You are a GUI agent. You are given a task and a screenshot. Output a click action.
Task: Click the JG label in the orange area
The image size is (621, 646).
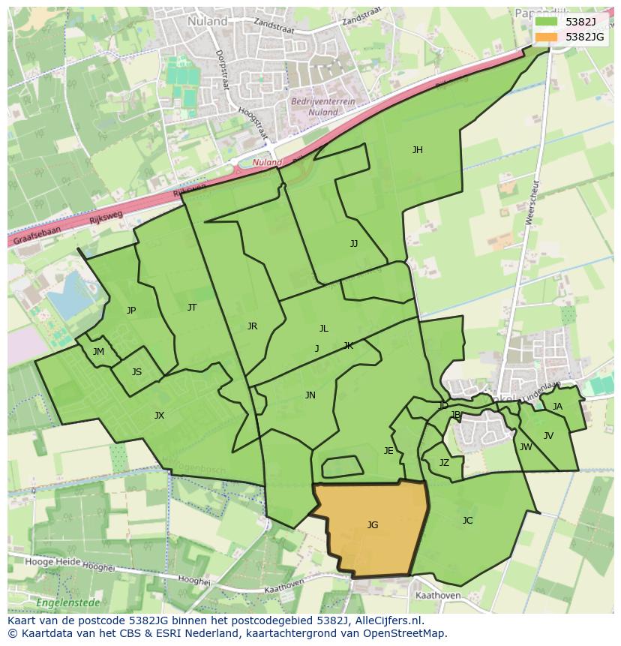tap(373, 525)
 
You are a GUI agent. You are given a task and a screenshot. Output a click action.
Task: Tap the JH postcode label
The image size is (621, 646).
tap(417, 150)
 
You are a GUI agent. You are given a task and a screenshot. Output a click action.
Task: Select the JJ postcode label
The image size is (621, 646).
tap(354, 244)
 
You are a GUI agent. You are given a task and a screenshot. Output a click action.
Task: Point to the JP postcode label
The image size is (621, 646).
tap(131, 311)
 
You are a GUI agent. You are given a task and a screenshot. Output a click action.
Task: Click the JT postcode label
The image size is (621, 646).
tap(192, 308)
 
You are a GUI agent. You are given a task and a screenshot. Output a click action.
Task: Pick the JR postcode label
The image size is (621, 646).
tap(252, 326)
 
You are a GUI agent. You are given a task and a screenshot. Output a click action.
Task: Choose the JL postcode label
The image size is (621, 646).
tap(324, 329)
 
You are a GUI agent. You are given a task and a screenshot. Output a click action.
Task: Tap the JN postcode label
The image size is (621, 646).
tap(310, 395)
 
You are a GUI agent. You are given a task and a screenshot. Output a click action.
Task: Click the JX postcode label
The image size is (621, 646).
tap(159, 416)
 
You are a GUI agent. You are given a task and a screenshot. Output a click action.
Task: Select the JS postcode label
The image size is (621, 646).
tap(136, 372)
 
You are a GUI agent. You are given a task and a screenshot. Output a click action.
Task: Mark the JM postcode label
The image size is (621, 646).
tap(98, 352)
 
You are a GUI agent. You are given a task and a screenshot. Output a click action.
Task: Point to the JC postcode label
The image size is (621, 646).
tap(467, 521)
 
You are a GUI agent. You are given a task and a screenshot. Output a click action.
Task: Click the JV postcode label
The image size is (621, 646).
tap(548, 436)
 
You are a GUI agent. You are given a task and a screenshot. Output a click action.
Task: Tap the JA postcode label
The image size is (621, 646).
tap(557, 407)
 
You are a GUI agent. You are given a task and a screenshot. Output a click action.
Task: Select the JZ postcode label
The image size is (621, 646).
tap(444, 463)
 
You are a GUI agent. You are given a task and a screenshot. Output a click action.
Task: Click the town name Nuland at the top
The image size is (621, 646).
tap(208, 22)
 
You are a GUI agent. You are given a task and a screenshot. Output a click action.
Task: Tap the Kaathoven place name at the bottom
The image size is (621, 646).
tap(437, 596)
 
